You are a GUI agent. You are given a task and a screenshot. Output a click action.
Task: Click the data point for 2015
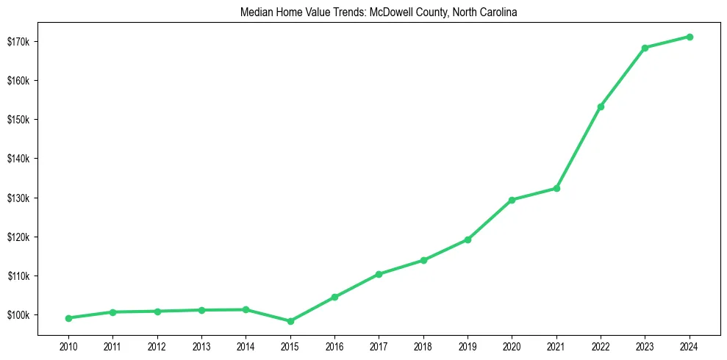click(x=290, y=321)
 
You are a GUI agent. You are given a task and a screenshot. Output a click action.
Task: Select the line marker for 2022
click(x=601, y=107)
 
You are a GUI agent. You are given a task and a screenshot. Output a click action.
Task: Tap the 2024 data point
click(x=690, y=37)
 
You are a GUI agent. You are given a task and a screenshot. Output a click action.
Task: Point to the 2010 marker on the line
click(x=68, y=318)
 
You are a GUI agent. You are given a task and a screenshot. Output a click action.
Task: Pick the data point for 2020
click(x=512, y=200)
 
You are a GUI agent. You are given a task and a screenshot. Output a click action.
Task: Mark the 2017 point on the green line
click(x=379, y=274)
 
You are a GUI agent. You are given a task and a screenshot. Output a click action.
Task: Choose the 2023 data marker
click(x=645, y=48)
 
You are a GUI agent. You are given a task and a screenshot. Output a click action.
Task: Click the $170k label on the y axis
click(x=18, y=41)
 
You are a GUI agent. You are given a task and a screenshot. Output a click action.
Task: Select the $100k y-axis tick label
click(x=18, y=315)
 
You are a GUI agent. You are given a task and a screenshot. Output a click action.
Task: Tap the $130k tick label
click(x=18, y=198)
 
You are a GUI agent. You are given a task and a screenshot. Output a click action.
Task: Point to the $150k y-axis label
click(x=18, y=120)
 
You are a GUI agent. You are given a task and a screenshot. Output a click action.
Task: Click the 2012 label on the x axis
click(x=157, y=346)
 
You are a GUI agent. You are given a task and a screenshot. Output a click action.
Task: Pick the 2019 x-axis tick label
click(x=468, y=346)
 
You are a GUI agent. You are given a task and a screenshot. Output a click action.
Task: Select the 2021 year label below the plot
click(x=556, y=346)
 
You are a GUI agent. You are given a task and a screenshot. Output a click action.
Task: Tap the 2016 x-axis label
click(x=334, y=346)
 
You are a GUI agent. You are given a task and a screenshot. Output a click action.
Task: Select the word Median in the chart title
click(x=255, y=13)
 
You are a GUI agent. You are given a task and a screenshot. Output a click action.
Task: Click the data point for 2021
click(x=556, y=188)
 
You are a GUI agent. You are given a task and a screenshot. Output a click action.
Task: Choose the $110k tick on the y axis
click(x=18, y=276)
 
